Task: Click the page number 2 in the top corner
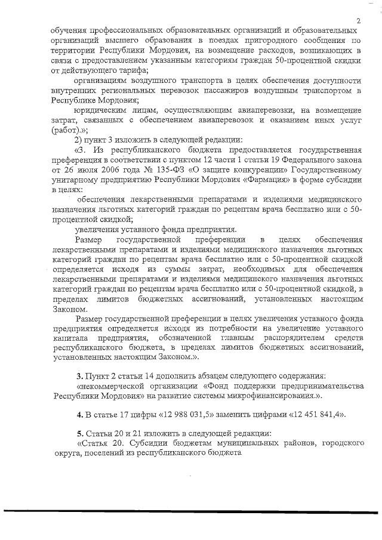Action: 358,21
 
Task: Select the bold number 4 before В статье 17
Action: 78,415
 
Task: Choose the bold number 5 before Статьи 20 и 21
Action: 78,434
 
